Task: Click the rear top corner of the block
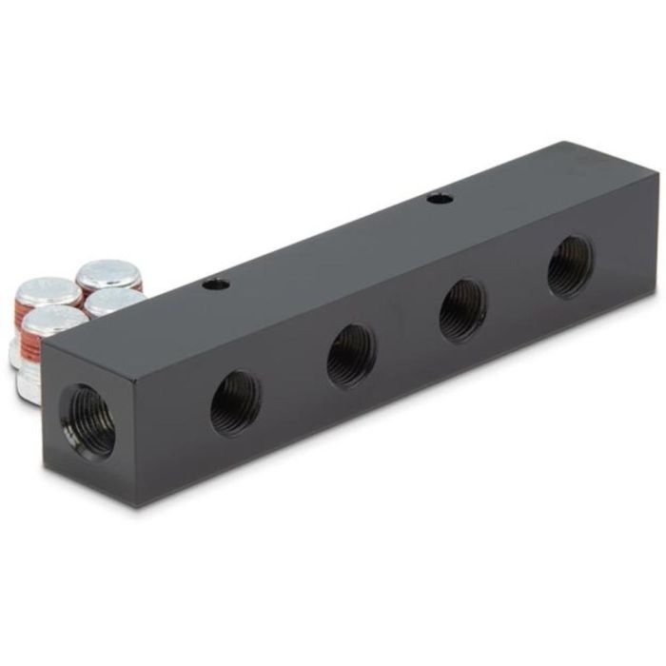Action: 569,143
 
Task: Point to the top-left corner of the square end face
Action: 43,342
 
